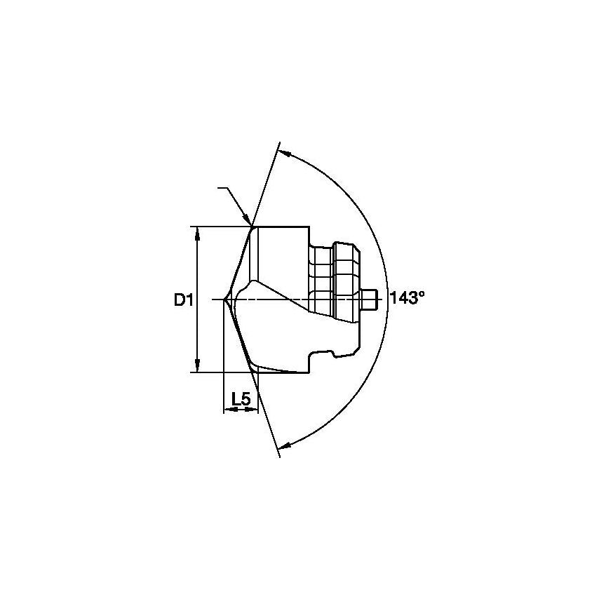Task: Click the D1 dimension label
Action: [183, 300]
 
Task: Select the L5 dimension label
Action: [241, 398]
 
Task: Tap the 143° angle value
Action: [408, 298]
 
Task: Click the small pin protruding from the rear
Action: [372, 300]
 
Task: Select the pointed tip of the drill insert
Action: [224, 300]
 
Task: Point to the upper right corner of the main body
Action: [309, 227]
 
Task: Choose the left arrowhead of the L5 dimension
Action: [227, 410]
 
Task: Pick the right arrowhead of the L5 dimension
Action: [254, 410]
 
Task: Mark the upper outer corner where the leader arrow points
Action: [253, 227]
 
